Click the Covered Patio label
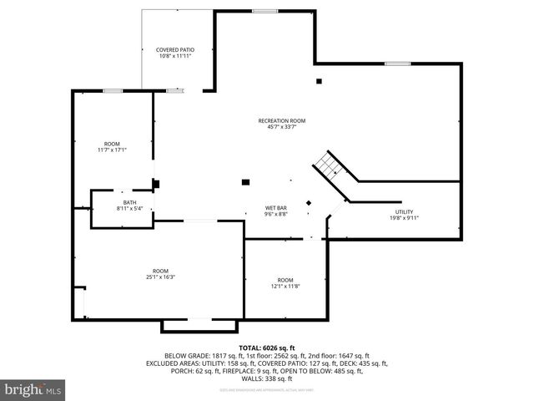pos(175,50)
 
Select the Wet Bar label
pos(277,207)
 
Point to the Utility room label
pos(405,211)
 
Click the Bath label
pos(129,202)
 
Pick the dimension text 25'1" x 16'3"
pos(160,277)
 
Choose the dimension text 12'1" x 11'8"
pos(285,286)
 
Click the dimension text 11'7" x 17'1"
pos(112,150)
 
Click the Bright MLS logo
pos(33,389)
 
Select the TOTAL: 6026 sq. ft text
pos(267,347)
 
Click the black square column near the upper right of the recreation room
pos(318,81)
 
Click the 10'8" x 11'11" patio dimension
pos(175,56)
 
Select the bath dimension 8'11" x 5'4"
pos(129,208)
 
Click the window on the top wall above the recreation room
pos(264,11)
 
